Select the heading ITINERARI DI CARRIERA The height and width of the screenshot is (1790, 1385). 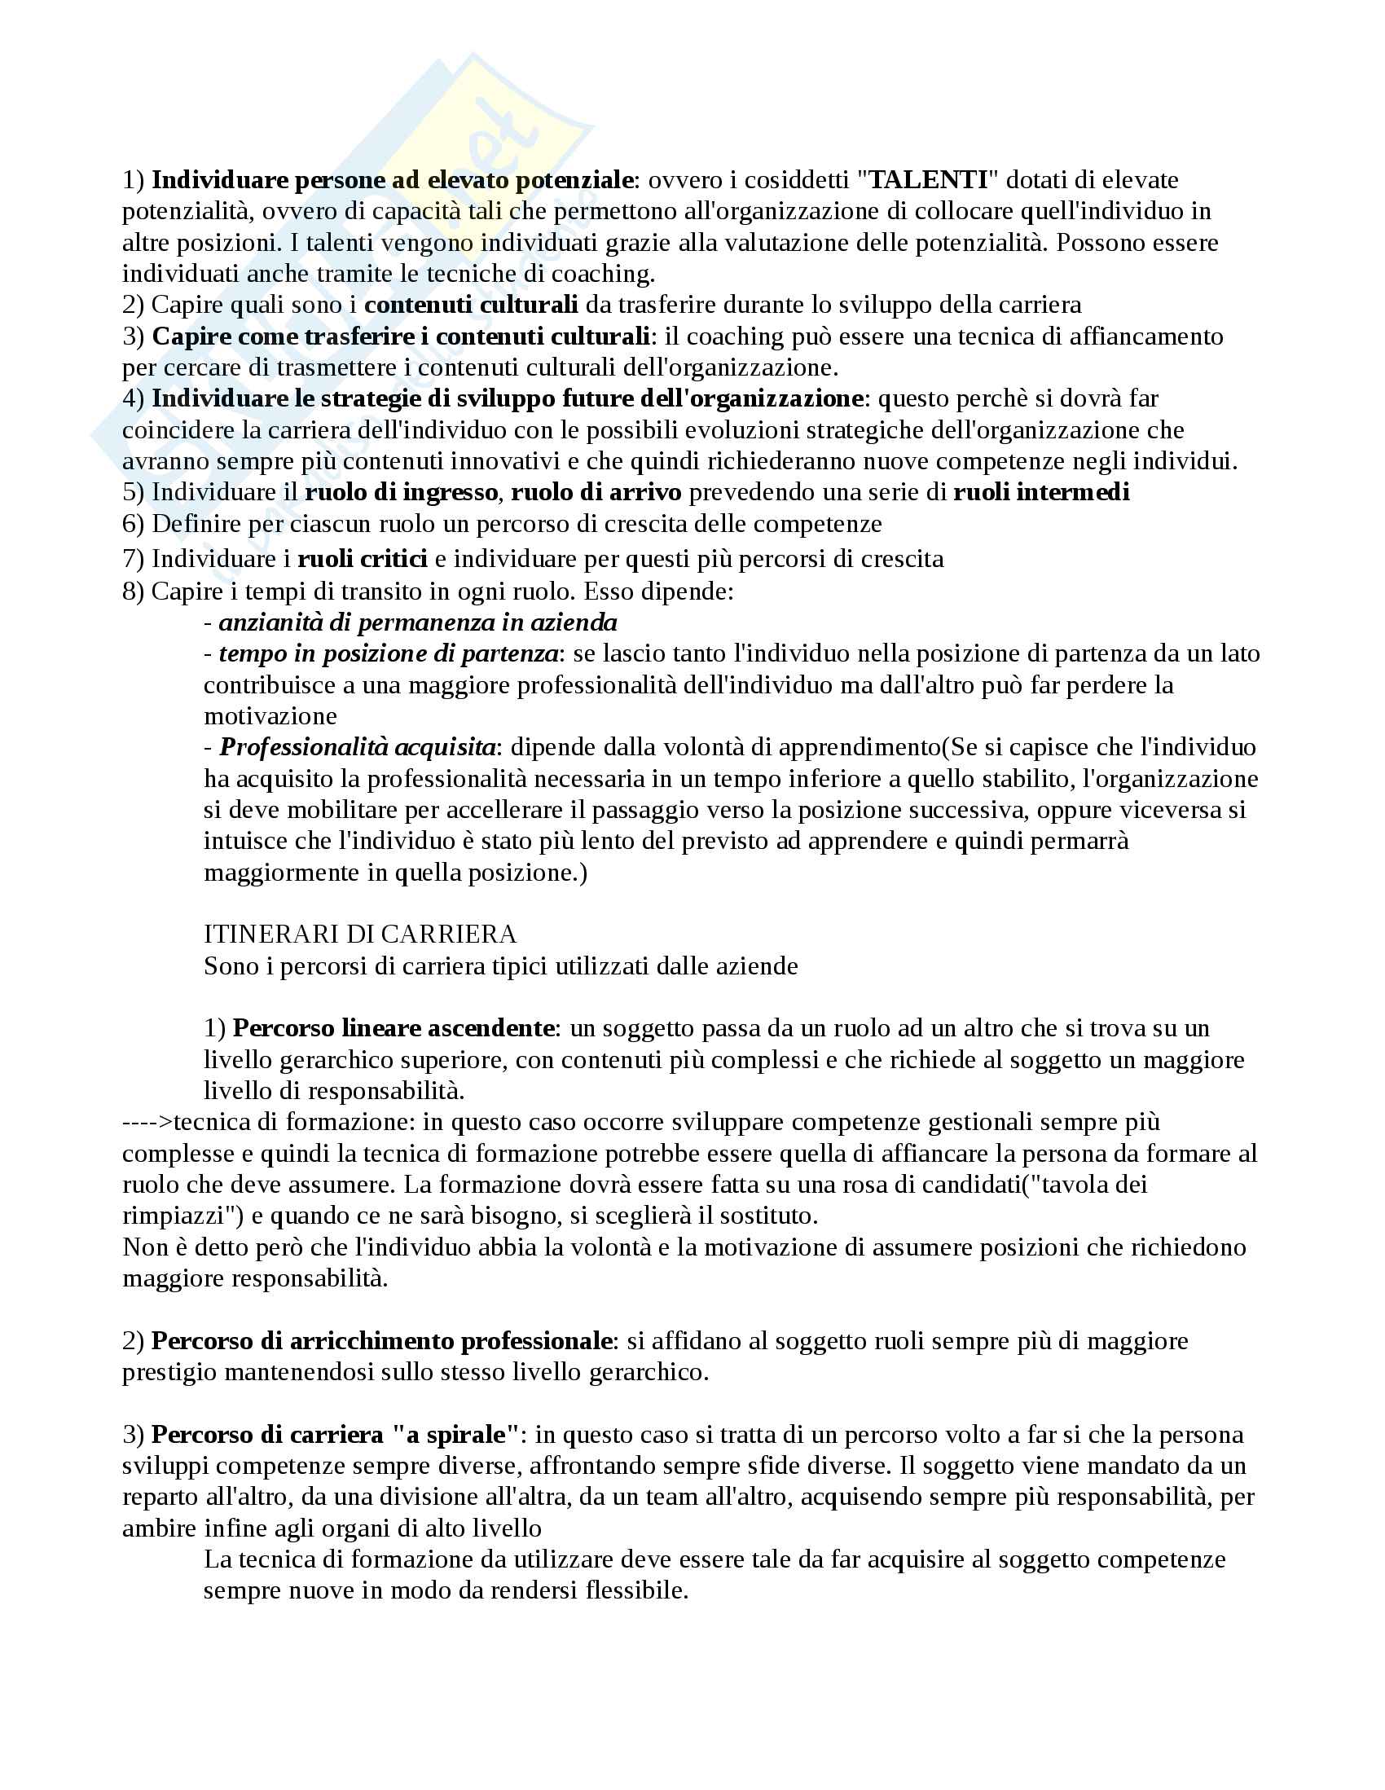click(x=360, y=934)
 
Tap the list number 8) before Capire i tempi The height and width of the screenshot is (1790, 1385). click(x=134, y=591)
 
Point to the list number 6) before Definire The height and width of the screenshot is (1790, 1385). click(x=134, y=523)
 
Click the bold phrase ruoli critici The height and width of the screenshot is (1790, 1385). click(x=363, y=559)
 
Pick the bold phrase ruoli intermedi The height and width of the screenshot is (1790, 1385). click(x=1041, y=492)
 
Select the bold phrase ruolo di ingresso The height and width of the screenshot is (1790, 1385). click(x=402, y=492)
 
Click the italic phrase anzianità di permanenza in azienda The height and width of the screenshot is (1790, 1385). click(x=418, y=622)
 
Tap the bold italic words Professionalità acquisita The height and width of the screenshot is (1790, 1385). click(x=358, y=747)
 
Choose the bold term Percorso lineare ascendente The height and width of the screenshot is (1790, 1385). click(x=394, y=1027)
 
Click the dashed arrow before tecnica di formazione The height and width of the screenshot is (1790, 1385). click(x=147, y=1121)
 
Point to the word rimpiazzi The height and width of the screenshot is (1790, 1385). click(x=170, y=1216)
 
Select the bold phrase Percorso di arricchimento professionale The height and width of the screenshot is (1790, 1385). click(x=382, y=1341)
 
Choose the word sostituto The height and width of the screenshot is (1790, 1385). click(x=764, y=1216)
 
